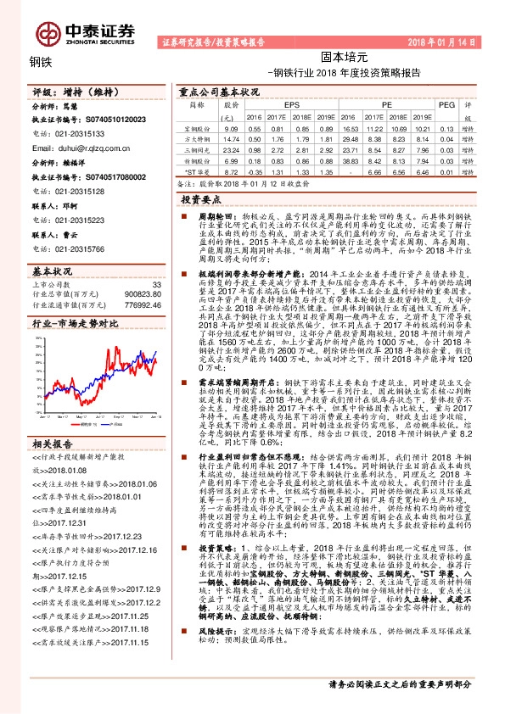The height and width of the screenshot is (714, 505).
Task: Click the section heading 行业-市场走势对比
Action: tap(71, 325)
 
